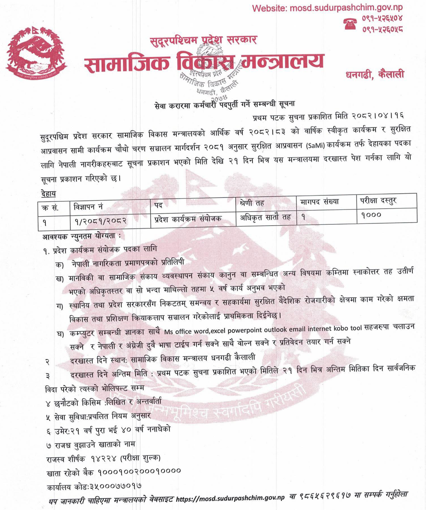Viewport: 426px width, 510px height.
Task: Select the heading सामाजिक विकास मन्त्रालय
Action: coord(203,64)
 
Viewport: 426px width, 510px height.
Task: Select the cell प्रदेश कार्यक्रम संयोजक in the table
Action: coord(188,218)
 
